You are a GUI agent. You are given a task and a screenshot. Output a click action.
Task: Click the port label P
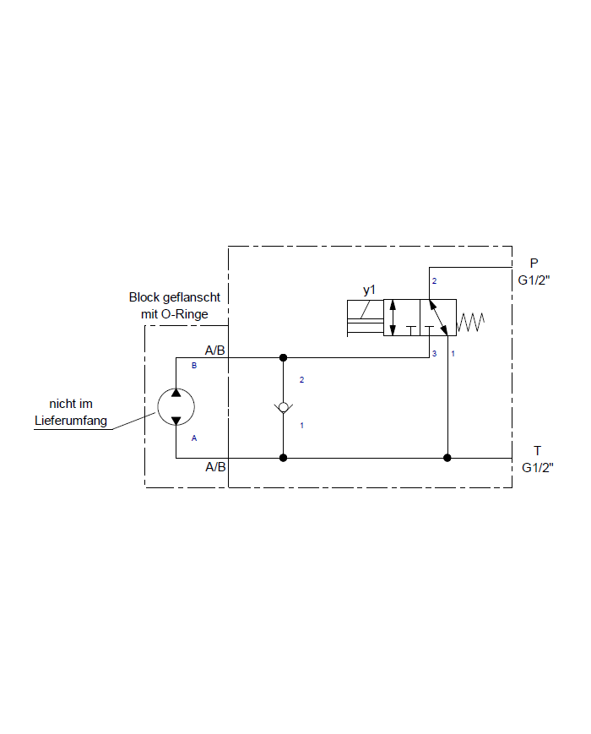coord(534,263)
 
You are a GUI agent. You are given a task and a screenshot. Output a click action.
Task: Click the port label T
coord(537,451)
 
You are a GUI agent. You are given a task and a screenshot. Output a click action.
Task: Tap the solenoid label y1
coord(369,291)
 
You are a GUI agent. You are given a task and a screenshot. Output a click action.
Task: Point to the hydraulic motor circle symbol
coord(176,407)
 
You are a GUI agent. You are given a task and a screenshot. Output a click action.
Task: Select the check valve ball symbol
coord(284,408)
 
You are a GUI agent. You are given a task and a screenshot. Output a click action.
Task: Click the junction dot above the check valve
coord(284,357)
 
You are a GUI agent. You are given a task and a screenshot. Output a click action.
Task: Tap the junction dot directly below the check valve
coord(284,458)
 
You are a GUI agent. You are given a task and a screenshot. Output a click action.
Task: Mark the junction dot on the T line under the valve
coord(447,458)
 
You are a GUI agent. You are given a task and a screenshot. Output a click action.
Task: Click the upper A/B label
coord(215,350)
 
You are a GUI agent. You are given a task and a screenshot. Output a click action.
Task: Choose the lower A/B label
coord(215,467)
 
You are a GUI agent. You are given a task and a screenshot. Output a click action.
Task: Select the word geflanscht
coord(192,297)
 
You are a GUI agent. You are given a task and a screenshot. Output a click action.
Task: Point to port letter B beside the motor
coord(194,366)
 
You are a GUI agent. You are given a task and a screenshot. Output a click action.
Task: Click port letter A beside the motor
coord(194,438)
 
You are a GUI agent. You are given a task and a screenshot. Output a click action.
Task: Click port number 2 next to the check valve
coord(301,379)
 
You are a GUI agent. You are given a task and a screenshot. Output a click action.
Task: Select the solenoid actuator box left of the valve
coord(365,318)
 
